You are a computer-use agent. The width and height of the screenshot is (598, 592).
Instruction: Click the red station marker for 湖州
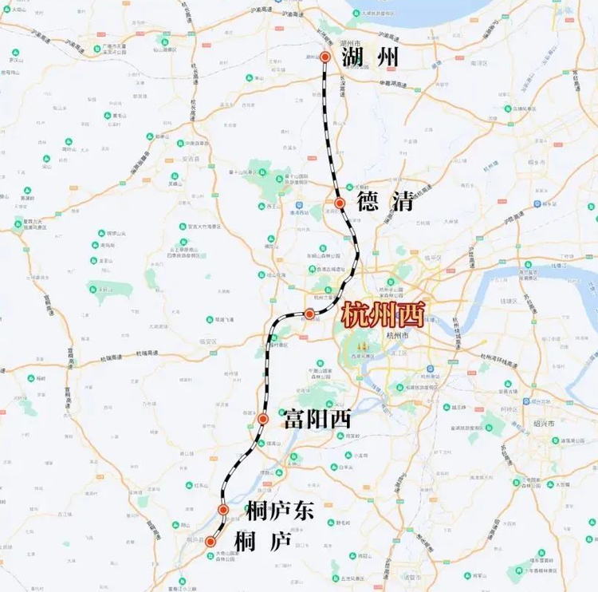coord(325,57)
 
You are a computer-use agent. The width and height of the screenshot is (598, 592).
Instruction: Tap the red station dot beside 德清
coord(340,203)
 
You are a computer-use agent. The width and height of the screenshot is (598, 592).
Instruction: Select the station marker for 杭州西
coord(309,314)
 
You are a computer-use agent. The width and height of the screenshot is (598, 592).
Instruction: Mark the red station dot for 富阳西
coord(262,419)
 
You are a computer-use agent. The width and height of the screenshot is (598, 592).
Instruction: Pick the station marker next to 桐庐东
coord(224,510)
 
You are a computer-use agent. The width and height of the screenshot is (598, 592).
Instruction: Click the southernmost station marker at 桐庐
coord(210,542)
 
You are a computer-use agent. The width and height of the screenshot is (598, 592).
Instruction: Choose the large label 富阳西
coord(316,418)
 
